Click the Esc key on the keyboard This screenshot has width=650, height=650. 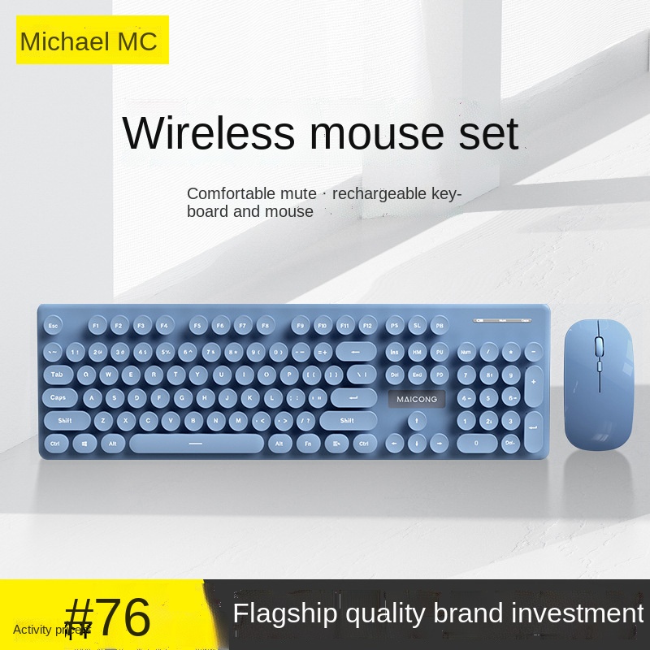click(x=54, y=325)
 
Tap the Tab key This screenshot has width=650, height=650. click(x=58, y=375)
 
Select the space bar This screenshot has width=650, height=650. click(x=197, y=444)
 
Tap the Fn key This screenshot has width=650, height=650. click(x=309, y=444)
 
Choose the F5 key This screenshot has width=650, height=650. click(x=198, y=325)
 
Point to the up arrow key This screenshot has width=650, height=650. click(x=417, y=421)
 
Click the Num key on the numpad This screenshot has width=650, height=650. click(x=466, y=353)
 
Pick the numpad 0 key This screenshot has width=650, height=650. click(x=477, y=444)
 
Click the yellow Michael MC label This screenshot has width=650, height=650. click(x=91, y=40)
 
